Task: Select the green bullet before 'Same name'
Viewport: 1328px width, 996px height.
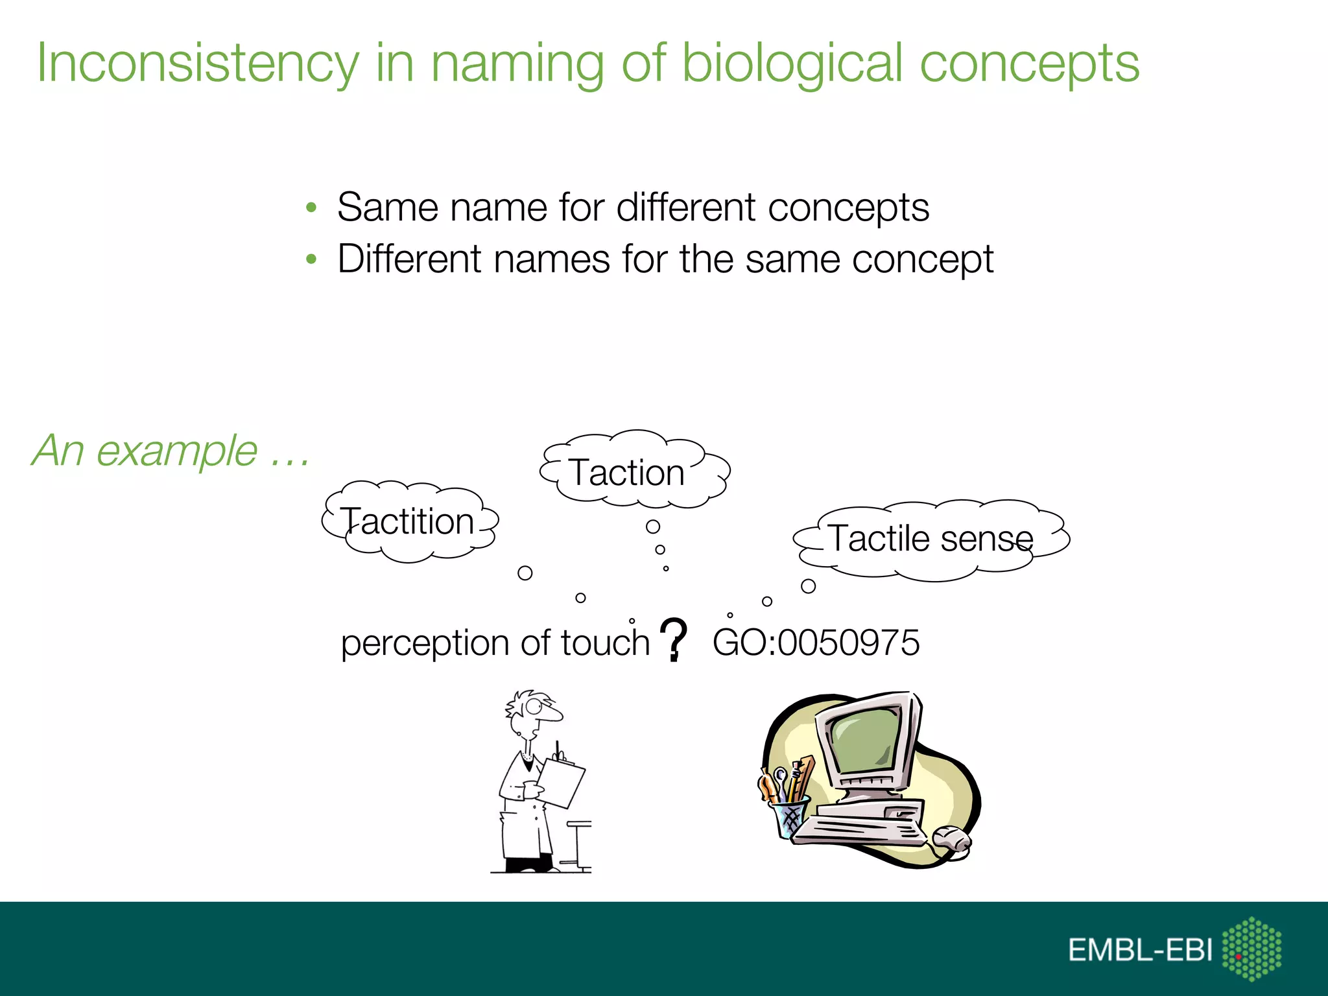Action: tap(311, 208)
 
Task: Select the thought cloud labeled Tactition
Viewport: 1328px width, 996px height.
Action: tap(409, 521)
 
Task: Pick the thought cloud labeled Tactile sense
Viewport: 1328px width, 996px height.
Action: tap(931, 539)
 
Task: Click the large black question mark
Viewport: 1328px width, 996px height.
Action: tap(674, 639)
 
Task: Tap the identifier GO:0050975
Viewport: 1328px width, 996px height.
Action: tap(816, 643)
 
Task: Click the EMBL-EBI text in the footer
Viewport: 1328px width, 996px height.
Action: tap(1140, 950)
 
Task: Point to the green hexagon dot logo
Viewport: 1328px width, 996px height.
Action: tap(1251, 948)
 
